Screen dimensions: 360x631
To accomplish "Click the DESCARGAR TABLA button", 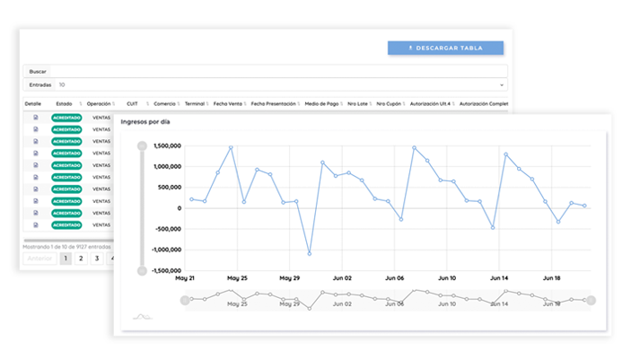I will pos(445,48).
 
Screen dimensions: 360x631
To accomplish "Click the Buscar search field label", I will pos(37,71).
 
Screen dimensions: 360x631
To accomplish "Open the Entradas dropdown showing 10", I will pos(278,85).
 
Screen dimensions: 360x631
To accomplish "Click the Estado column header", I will pos(64,104).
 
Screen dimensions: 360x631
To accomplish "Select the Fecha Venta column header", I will pos(226,104).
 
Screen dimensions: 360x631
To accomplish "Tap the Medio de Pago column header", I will pos(320,104).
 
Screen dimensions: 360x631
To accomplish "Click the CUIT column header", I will pos(132,104).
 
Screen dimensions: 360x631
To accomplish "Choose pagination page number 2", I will pos(81,259).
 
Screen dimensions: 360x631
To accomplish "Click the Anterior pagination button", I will pos(39,259).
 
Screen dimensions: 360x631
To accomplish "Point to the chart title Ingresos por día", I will pos(145,121).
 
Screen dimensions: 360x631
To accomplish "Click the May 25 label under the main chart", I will pos(237,278).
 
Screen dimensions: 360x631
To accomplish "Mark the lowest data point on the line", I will pos(310,254).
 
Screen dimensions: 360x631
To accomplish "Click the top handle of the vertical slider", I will pos(142,145).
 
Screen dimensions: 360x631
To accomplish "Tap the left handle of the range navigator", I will pos(185,300).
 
